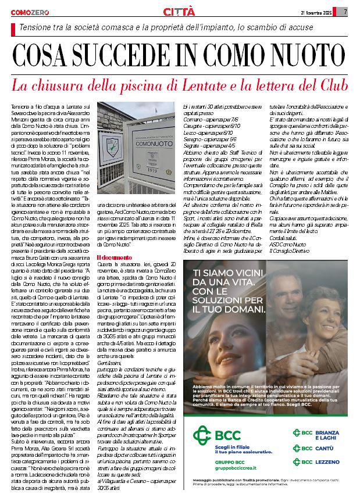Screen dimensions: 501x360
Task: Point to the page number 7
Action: (345, 12)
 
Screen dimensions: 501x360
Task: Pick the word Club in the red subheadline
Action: (330, 85)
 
